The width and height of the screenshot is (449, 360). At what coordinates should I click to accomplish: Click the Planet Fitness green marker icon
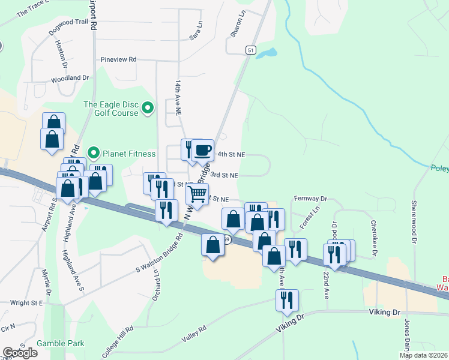pos(94,154)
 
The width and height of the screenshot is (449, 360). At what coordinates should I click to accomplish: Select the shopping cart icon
pos(197,194)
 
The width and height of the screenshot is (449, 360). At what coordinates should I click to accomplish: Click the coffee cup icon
pos(203,149)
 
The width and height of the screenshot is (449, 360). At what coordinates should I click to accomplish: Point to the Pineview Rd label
pos(119,59)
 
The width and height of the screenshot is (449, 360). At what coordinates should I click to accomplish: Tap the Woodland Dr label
pos(70,78)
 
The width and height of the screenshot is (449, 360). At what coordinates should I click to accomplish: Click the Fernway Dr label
pos(310,198)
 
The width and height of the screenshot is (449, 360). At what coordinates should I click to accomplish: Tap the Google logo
pos(20,353)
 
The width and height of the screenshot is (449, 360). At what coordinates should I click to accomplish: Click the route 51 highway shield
pos(250,51)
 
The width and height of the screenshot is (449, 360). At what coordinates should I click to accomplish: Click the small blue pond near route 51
pos(267,53)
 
